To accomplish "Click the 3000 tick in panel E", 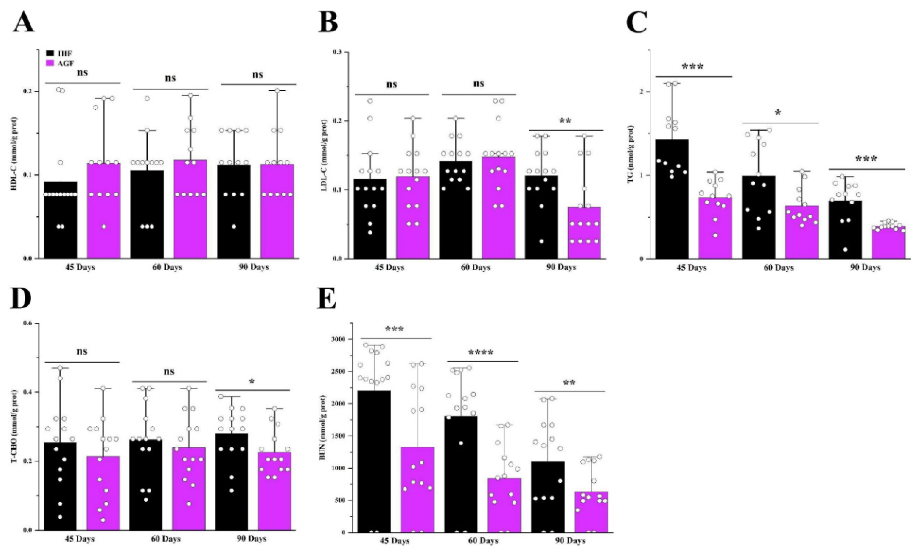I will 343,339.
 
